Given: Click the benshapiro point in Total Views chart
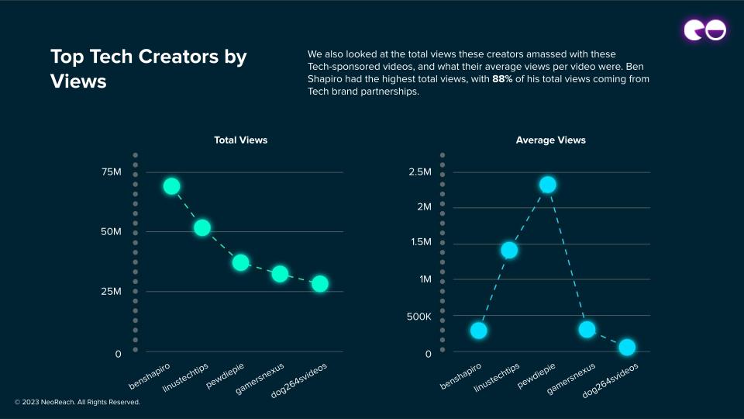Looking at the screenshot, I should (171, 186).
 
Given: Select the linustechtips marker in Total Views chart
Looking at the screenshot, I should (202, 227).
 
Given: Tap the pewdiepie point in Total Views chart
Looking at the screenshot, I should (240, 262).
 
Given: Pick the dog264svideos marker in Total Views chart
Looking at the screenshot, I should (320, 284).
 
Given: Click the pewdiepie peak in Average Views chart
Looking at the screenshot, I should (548, 185).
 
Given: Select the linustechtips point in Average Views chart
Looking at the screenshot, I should (509, 250).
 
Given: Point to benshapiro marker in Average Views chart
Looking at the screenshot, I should (478, 331).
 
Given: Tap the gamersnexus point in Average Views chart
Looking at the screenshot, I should (587, 330).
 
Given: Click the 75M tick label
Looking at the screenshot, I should (112, 171).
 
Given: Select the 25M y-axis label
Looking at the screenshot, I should (112, 292).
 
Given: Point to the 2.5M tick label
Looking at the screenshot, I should (419, 171).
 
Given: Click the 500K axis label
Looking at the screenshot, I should (418, 317).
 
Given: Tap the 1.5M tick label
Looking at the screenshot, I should (419, 243).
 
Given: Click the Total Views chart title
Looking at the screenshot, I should (240, 140).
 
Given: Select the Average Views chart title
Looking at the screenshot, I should (550, 140).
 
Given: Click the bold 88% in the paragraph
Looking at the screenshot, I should (502, 79).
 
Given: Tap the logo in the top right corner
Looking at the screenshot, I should (704, 29).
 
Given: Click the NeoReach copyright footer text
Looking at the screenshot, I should (77, 402).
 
